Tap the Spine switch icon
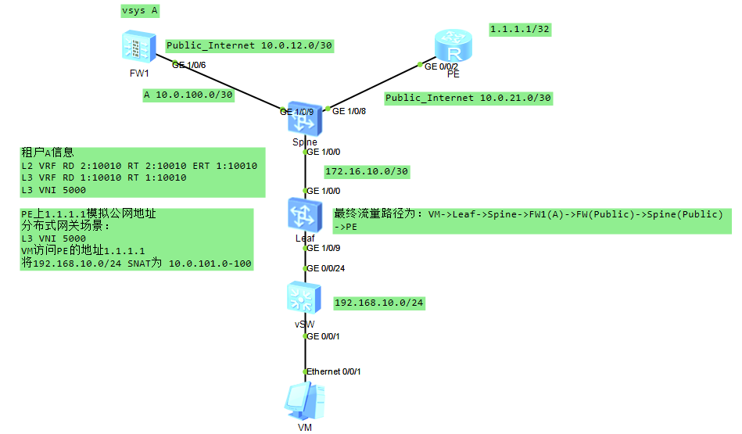[303, 118]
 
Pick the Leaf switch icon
[303, 213]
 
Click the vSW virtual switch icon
[303, 298]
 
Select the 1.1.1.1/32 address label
[521, 30]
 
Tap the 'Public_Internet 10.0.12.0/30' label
[249, 46]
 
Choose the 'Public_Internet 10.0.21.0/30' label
[468, 99]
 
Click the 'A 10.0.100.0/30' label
[188, 95]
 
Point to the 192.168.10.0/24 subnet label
[379, 303]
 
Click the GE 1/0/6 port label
[189, 65]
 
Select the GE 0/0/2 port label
[441, 66]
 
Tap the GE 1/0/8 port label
[349, 112]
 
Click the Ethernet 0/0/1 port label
[334, 371]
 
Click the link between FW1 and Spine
[219, 85]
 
